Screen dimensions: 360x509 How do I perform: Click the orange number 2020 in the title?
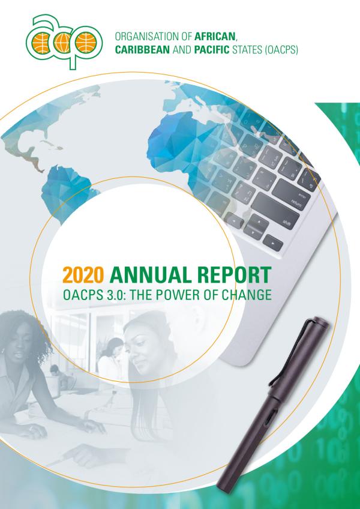[83, 276]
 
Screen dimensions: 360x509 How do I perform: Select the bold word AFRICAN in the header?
[214, 37]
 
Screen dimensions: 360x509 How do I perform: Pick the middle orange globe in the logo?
[62, 43]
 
